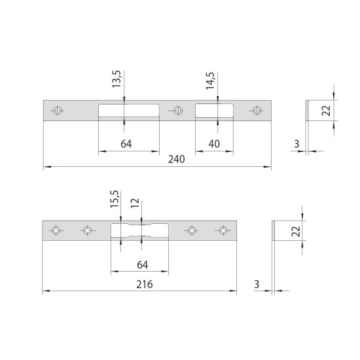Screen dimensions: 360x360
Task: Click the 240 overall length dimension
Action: (x=176, y=159)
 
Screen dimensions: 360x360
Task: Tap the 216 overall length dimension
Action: (x=145, y=285)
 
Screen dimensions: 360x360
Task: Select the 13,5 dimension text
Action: (x=117, y=79)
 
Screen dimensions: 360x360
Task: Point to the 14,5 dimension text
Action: (x=210, y=81)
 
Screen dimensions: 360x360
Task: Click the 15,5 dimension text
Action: (x=115, y=199)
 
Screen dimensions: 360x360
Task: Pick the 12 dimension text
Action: (x=135, y=203)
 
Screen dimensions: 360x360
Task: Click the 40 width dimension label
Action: (x=214, y=144)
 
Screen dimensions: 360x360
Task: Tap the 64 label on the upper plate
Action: (x=126, y=144)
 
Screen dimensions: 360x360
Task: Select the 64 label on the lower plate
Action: (x=142, y=265)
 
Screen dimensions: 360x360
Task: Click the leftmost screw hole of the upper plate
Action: (x=57, y=111)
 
